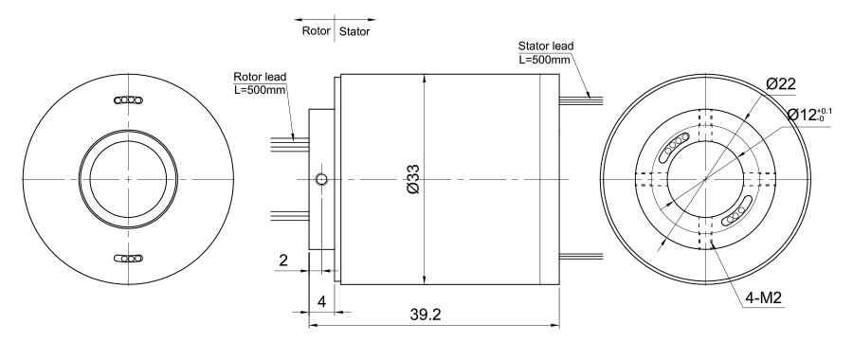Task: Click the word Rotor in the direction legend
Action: click(315, 31)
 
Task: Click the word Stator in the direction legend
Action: click(354, 31)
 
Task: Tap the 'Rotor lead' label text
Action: click(260, 77)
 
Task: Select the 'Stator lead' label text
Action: click(545, 45)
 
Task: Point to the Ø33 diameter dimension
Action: click(413, 179)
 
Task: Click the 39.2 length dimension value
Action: click(426, 313)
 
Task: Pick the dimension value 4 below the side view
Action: click(322, 303)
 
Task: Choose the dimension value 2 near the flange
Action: click(282, 259)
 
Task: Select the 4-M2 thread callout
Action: click(761, 298)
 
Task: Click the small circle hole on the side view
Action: click(322, 179)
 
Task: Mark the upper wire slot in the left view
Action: click(127, 99)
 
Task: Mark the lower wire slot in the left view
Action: click(127, 258)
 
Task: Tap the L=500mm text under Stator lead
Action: click(545, 60)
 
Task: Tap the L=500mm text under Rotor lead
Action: click(260, 91)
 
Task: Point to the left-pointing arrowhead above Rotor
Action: click(298, 18)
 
